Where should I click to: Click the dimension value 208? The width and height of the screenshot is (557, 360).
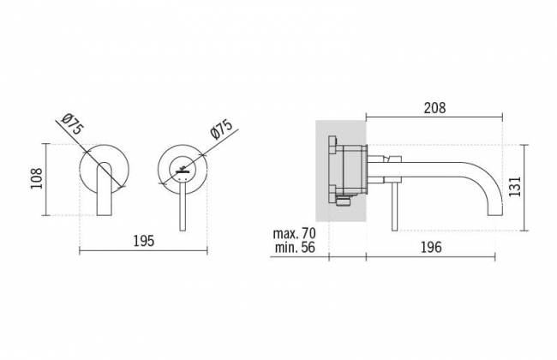click(434, 108)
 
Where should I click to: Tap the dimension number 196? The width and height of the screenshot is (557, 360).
click(431, 247)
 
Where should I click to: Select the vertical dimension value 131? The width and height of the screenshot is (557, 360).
click(515, 186)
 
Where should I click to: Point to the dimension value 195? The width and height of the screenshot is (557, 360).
click(144, 241)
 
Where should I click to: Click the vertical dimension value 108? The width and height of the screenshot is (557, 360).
click(36, 178)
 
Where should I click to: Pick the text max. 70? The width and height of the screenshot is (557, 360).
click(294, 233)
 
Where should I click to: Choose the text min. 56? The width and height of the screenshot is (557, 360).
click(295, 248)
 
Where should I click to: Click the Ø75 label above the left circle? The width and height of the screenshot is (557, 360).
click(74, 124)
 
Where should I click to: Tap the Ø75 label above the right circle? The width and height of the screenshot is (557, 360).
click(221, 129)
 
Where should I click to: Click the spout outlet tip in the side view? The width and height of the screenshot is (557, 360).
click(494, 214)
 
